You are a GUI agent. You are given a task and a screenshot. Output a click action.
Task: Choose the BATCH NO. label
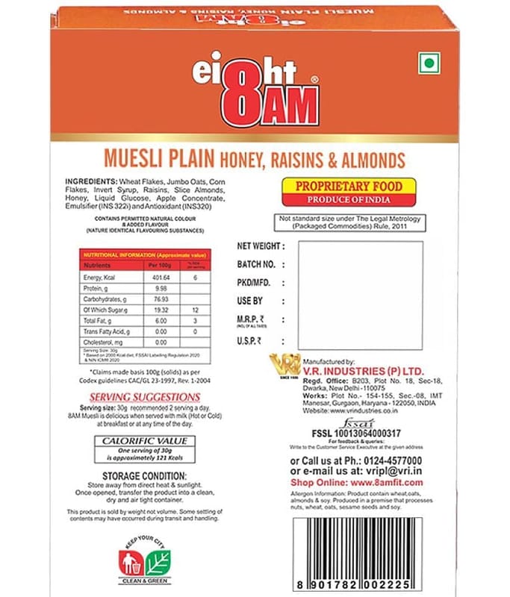pos(256,264)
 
